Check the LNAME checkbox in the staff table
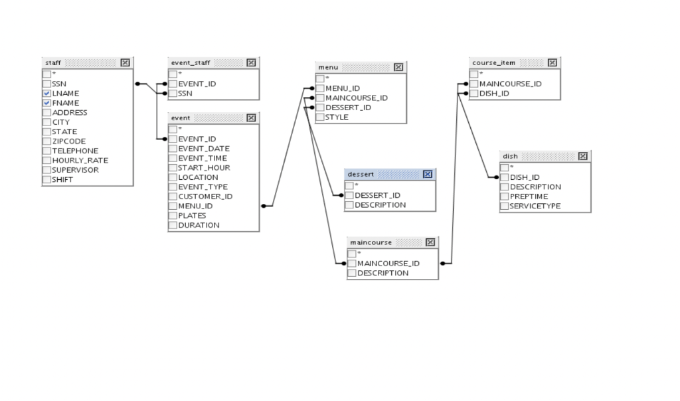(x=46, y=94)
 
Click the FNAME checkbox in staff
(x=46, y=103)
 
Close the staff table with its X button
(x=125, y=62)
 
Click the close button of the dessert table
(x=427, y=174)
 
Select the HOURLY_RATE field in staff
(x=80, y=160)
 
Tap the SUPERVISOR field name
(x=75, y=170)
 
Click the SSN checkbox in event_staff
(x=173, y=94)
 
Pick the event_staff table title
(x=191, y=62)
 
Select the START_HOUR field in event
(x=204, y=168)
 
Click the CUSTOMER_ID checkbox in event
(x=173, y=197)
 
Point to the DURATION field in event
(x=199, y=225)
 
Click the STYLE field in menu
(x=337, y=117)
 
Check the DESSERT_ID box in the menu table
(x=320, y=108)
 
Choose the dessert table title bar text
(x=361, y=174)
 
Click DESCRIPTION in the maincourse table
(x=382, y=273)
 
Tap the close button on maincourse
(x=430, y=242)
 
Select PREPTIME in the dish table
(x=529, y=197)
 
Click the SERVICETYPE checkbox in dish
(x=505, y=206)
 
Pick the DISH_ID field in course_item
(x=494, y=94)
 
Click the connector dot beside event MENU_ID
(x=264, y=206)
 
